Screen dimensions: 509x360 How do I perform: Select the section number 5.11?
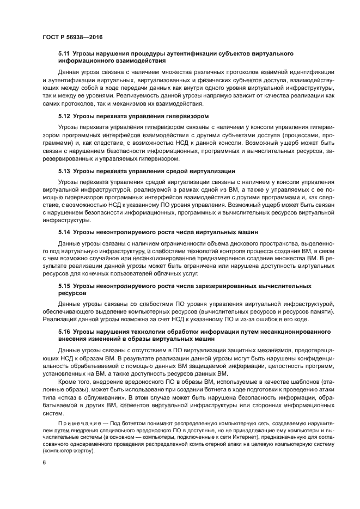(64, 54)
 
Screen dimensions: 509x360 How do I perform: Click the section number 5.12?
(64, 116)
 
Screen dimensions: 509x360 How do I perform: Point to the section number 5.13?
(64, 171)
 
